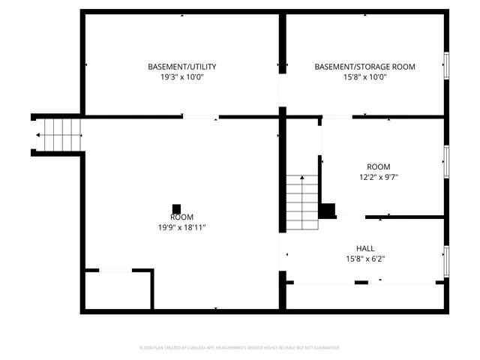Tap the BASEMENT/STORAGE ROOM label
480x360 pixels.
[x=364, y=67]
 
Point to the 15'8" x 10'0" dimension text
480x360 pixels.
[x=364, y=76]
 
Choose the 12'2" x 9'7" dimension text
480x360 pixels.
[x=378, y=177]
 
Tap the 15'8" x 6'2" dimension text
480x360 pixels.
[x=365, y=259]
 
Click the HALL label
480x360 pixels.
[x=365, y=248]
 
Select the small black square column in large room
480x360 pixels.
[x=176, y=208]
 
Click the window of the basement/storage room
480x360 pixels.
[x=446, y=66]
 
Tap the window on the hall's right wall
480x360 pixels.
[x=446, y=259]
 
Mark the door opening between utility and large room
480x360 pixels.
[x=201, y=117]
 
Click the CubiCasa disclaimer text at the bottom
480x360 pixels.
[x=239, y=347]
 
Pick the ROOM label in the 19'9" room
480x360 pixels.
[x=176, y=217]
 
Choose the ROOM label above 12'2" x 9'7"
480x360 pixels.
[x=378, y=166]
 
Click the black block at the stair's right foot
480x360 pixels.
[x=327, y=210]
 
